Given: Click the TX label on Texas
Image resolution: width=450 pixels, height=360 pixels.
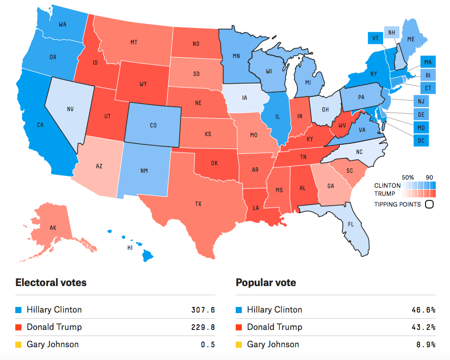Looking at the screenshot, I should [198, 204].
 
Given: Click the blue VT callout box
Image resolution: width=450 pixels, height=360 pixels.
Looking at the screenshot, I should [375, 38].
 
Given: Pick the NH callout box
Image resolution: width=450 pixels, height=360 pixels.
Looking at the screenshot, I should [391, 33].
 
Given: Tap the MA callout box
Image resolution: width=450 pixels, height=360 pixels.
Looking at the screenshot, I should [428, 62].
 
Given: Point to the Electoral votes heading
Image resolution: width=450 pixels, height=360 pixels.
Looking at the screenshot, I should [51, 282].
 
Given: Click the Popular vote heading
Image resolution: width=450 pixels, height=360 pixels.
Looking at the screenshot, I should [266, 282].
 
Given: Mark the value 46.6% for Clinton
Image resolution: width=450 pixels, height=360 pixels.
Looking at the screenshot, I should [423, 310].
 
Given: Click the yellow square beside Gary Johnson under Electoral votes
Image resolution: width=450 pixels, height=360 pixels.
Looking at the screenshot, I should [19, 345].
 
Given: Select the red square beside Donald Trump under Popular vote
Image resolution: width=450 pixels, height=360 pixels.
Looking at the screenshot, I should [239, 327].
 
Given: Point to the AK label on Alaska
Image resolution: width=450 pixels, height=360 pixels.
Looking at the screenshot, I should [53, 228].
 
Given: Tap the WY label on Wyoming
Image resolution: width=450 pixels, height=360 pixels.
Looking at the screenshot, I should [143, 84].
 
